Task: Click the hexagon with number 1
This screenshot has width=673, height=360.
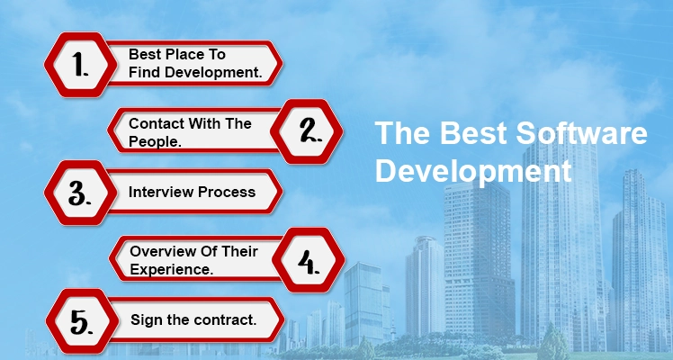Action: tap(81, 65)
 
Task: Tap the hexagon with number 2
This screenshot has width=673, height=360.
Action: tap(307, 131)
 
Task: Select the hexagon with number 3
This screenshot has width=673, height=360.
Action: tap(81, 193)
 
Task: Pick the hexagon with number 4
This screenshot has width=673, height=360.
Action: tap(309, 260)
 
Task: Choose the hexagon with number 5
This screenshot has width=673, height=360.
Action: tap(83, 321)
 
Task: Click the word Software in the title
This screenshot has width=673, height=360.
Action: tap(581, 133)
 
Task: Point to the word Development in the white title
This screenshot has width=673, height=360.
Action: tap(473, 172)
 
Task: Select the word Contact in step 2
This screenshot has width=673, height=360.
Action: tap(157, 123)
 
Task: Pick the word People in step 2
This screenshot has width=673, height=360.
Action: tap(155, 142)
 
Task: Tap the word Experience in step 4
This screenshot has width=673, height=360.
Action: tap(172, 269)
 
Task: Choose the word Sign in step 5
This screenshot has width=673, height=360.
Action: tap(145, 320)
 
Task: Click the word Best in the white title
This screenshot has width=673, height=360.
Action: tap(473, 133)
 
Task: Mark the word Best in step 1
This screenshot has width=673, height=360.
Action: tap(145, 55)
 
